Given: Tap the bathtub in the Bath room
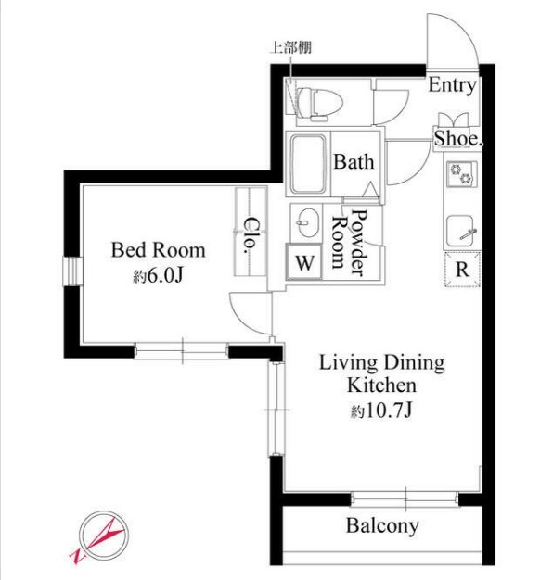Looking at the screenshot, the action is [308, 164].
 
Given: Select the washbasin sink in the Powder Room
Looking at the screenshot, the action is [307, 222].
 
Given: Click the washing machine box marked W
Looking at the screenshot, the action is [303, 262].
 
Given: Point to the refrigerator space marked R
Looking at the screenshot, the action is [463, 270].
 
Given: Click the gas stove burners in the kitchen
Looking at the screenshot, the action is [461, 174].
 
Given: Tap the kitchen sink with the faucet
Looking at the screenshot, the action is [460, 232].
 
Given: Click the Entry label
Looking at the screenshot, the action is [452, 85].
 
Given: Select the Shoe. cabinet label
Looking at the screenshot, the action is [458, 139].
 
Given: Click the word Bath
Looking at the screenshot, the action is [354, 161].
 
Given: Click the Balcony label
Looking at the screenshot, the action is [382, 525].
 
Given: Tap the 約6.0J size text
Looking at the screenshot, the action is [158, 275].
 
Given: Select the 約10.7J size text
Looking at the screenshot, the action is [381, 410].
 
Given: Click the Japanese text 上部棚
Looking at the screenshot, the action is [291, 47].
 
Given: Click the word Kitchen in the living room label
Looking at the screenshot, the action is [381, 385].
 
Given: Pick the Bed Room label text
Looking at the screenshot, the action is [158, 250].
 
